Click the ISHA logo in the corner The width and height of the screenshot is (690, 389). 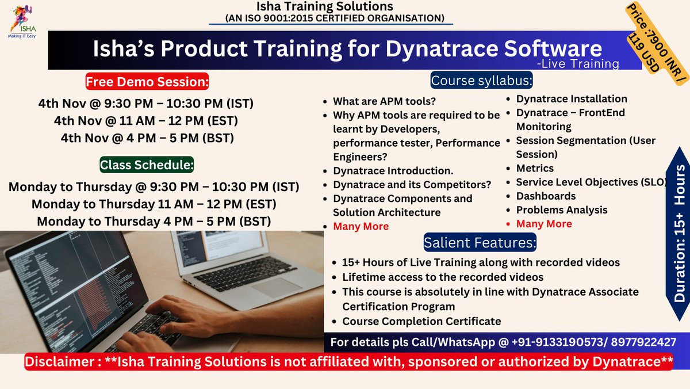[22, 21]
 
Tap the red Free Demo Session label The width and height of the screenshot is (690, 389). [147, 81]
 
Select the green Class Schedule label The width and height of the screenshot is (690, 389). [147, 165]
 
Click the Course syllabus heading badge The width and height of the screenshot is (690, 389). [481, 80]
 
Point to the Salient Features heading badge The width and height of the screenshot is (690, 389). [480, 242]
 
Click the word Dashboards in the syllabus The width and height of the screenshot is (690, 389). [546, 196]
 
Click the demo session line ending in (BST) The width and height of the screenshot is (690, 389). [147, 138]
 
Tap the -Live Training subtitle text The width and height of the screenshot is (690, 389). [578, 63]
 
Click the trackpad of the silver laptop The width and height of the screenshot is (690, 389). [277, 287]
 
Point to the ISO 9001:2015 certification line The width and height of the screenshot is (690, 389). [335, 18]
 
